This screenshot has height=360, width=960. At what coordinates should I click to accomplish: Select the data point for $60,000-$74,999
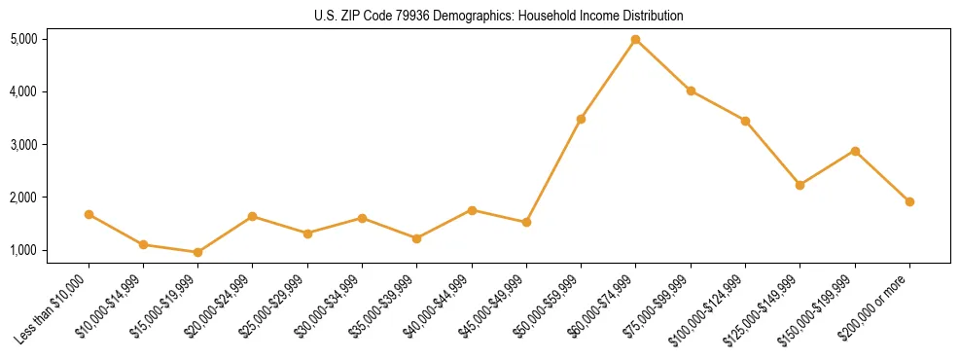click(x=635, y=40)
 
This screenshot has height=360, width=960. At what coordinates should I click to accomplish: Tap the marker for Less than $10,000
click(x=89, y=214)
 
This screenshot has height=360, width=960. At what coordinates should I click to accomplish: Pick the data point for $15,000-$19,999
click(x=197, y=252)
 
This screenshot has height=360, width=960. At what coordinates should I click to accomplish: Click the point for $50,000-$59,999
click(x=581, y=119)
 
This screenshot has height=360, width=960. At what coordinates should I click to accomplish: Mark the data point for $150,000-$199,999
click(x=855, y=151)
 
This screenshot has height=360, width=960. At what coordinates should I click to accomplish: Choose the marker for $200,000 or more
click(x=909, y=201)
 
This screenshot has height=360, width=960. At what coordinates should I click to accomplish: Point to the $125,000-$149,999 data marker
click(x=800, y=185)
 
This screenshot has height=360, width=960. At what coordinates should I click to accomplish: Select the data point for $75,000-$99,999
click(x=691, y=90)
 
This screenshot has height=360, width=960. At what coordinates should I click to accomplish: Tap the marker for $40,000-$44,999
click(x=472, y=210)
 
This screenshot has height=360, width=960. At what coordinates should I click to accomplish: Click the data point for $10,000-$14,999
click(x=143, y=244)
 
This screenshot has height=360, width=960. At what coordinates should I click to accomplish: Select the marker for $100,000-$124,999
click(x=745, y=121)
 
